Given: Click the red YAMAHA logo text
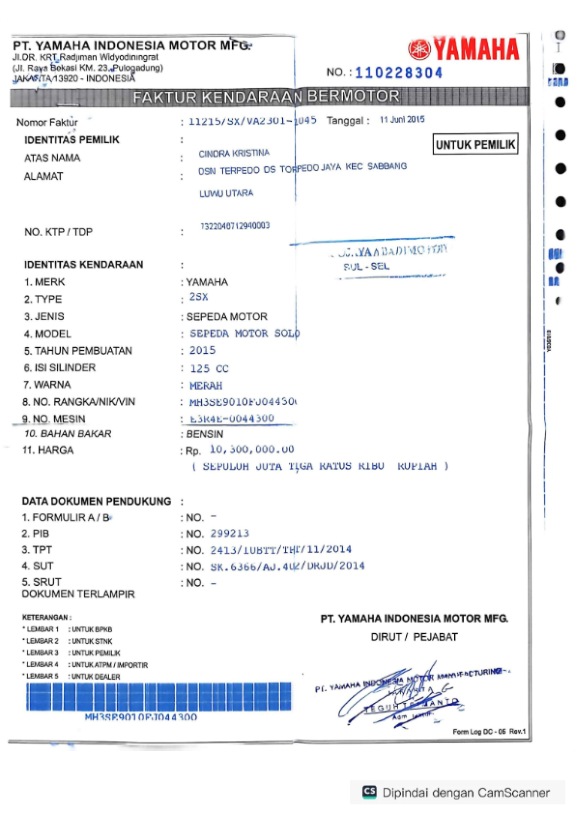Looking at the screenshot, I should click(x=476, y=49).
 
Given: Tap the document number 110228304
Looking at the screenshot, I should click(x=398, y=73).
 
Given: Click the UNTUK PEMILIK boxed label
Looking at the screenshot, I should click(x=475, y=144).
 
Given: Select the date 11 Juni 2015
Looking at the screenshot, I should click(x=402, y=119).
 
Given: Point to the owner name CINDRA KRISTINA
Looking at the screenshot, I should click(x=234, y=153).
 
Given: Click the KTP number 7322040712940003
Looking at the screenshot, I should click(x=235, y=226).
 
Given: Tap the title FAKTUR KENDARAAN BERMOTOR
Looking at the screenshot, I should click(x=266, y=97).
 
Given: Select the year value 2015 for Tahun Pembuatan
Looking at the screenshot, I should click(x=202, y=350).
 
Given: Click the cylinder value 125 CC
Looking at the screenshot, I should click(x=209, y=369).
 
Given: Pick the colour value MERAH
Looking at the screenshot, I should click(x=206, y=385).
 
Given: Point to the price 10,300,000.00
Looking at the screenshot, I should click(x=252, y=449).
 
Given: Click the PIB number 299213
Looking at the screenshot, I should click(x=230, y=534).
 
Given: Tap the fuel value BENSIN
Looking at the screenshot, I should click(x=205, y=434).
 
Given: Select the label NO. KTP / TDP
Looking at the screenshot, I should click(x=58, y=232).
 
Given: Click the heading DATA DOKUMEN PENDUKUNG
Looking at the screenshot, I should click(x=96, y=501).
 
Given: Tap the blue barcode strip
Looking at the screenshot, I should click(x=159, y=697).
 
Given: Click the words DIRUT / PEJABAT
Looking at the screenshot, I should click(x=414, y=637).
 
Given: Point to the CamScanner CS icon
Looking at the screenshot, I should click(x=369, y=791).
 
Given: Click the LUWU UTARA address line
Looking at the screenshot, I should click(x=226, y=193).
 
